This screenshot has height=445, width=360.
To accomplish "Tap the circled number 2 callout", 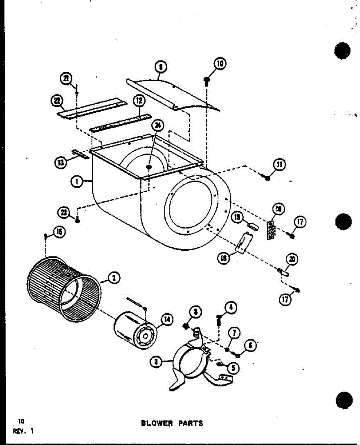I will [x=114, y=278].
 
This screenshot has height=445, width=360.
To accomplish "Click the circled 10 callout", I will [x=220, y=64].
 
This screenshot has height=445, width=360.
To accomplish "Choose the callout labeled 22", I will [x=57, y=101].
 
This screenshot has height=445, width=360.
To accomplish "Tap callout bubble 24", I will [x=158, y=126].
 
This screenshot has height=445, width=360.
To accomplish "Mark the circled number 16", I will [x=278, y=210].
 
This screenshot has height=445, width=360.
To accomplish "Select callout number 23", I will [x=64, y=212].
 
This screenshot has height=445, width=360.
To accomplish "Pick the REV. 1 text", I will [x=23, y=431].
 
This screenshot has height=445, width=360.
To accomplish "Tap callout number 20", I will [x=292, y=260].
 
